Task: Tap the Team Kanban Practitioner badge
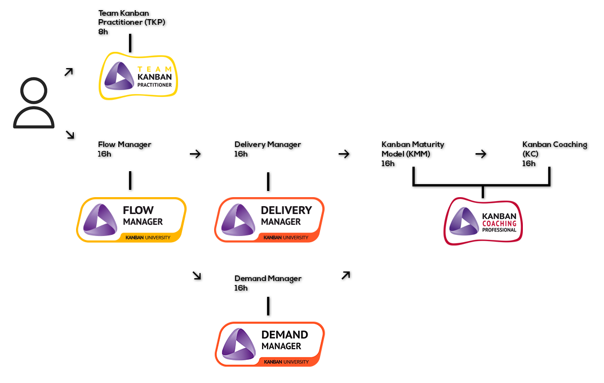click(x=138, y=76)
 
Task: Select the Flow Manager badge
click(x=131, y=220)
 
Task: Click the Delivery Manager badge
click(x=269, y=220)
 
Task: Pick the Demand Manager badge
click(x=270, y=344)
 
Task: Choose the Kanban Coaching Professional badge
click(x=483, y=221)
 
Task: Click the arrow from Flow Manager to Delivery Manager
click(x=196, y=154)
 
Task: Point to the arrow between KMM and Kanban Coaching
click(x=481, y=154)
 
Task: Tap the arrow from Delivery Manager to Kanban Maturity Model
click(x=344, y=154)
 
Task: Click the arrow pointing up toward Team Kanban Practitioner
click(x=69, y=72)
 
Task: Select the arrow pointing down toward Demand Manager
click(x=197, y=275)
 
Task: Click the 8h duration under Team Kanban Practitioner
click(x=103, y=32)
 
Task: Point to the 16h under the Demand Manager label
click(x=241, y=288)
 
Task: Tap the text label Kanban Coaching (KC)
click(x=554, y=149)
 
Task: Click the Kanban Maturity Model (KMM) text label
click(x=412, y=149)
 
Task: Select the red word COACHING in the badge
click(x=499, y=224)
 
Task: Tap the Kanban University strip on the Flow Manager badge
click(x=148, y=238)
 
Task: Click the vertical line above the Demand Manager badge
click(x=268, y=306)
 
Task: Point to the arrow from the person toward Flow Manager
click(x=70, y=135)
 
